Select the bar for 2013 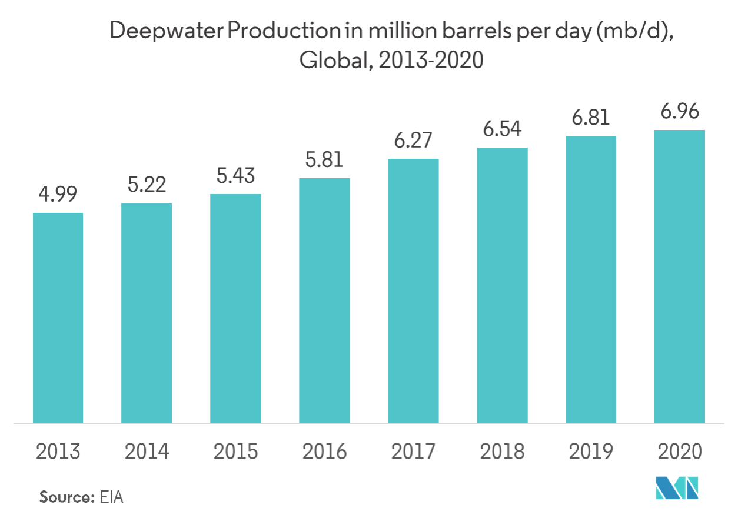(58, 318)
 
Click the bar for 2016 (324, 300)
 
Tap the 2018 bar (502, 285)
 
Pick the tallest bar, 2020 (679, 276)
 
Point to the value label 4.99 (58, 195)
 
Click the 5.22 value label (147, 185)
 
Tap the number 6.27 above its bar (413, 141)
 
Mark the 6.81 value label (590, 118)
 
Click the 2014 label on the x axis (147, 452)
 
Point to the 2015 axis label (235, 452)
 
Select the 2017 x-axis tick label (413, 452)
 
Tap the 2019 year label (590, 452)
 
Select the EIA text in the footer (112, 497)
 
